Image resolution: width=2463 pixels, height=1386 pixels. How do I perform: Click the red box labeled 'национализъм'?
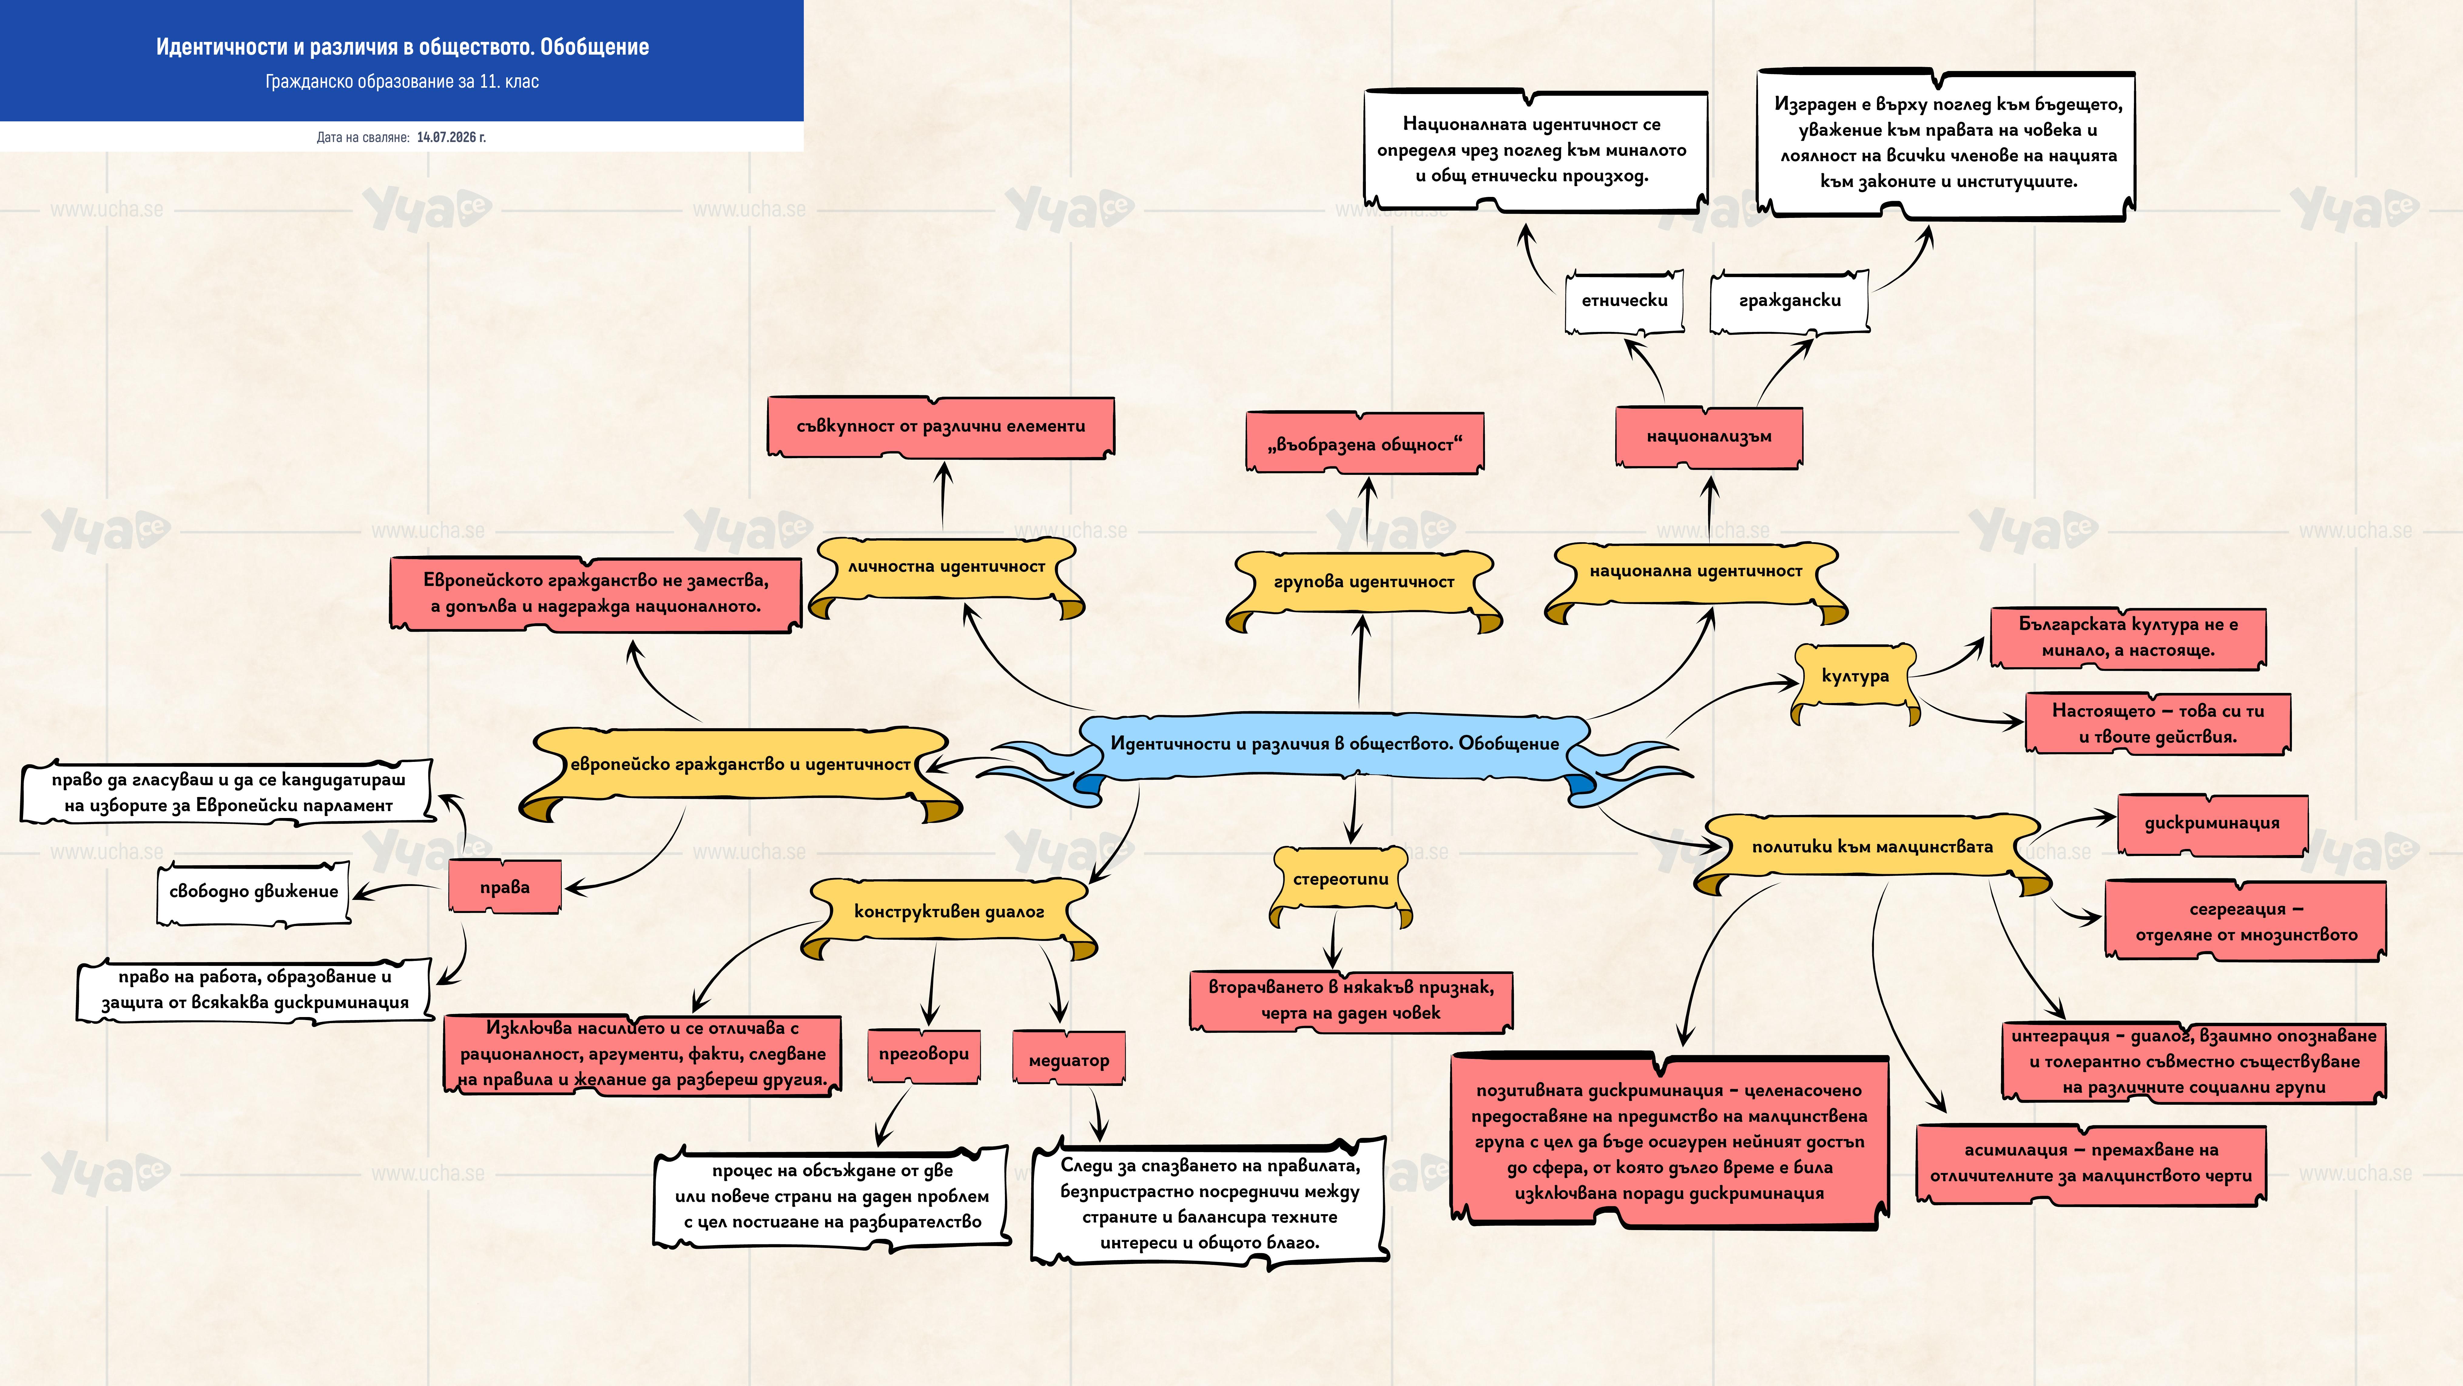pos(1709,436)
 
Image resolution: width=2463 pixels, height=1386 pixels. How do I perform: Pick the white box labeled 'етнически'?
pos(1625,301)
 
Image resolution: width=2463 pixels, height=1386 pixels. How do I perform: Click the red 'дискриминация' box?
pos(2212,823)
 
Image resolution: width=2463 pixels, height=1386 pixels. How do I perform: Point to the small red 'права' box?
pos(505,887)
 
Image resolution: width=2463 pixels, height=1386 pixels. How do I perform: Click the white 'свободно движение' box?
pos(253,892)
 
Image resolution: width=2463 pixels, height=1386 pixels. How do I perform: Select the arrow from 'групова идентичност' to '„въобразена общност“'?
pos(1367,509)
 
